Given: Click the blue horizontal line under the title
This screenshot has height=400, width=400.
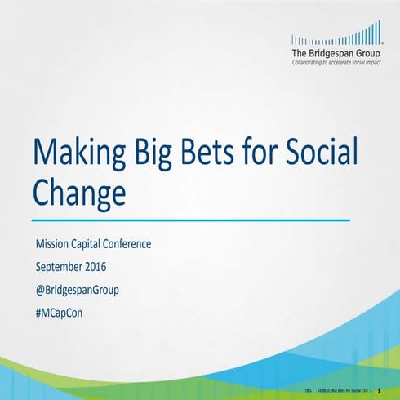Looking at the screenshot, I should click(191, 220).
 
